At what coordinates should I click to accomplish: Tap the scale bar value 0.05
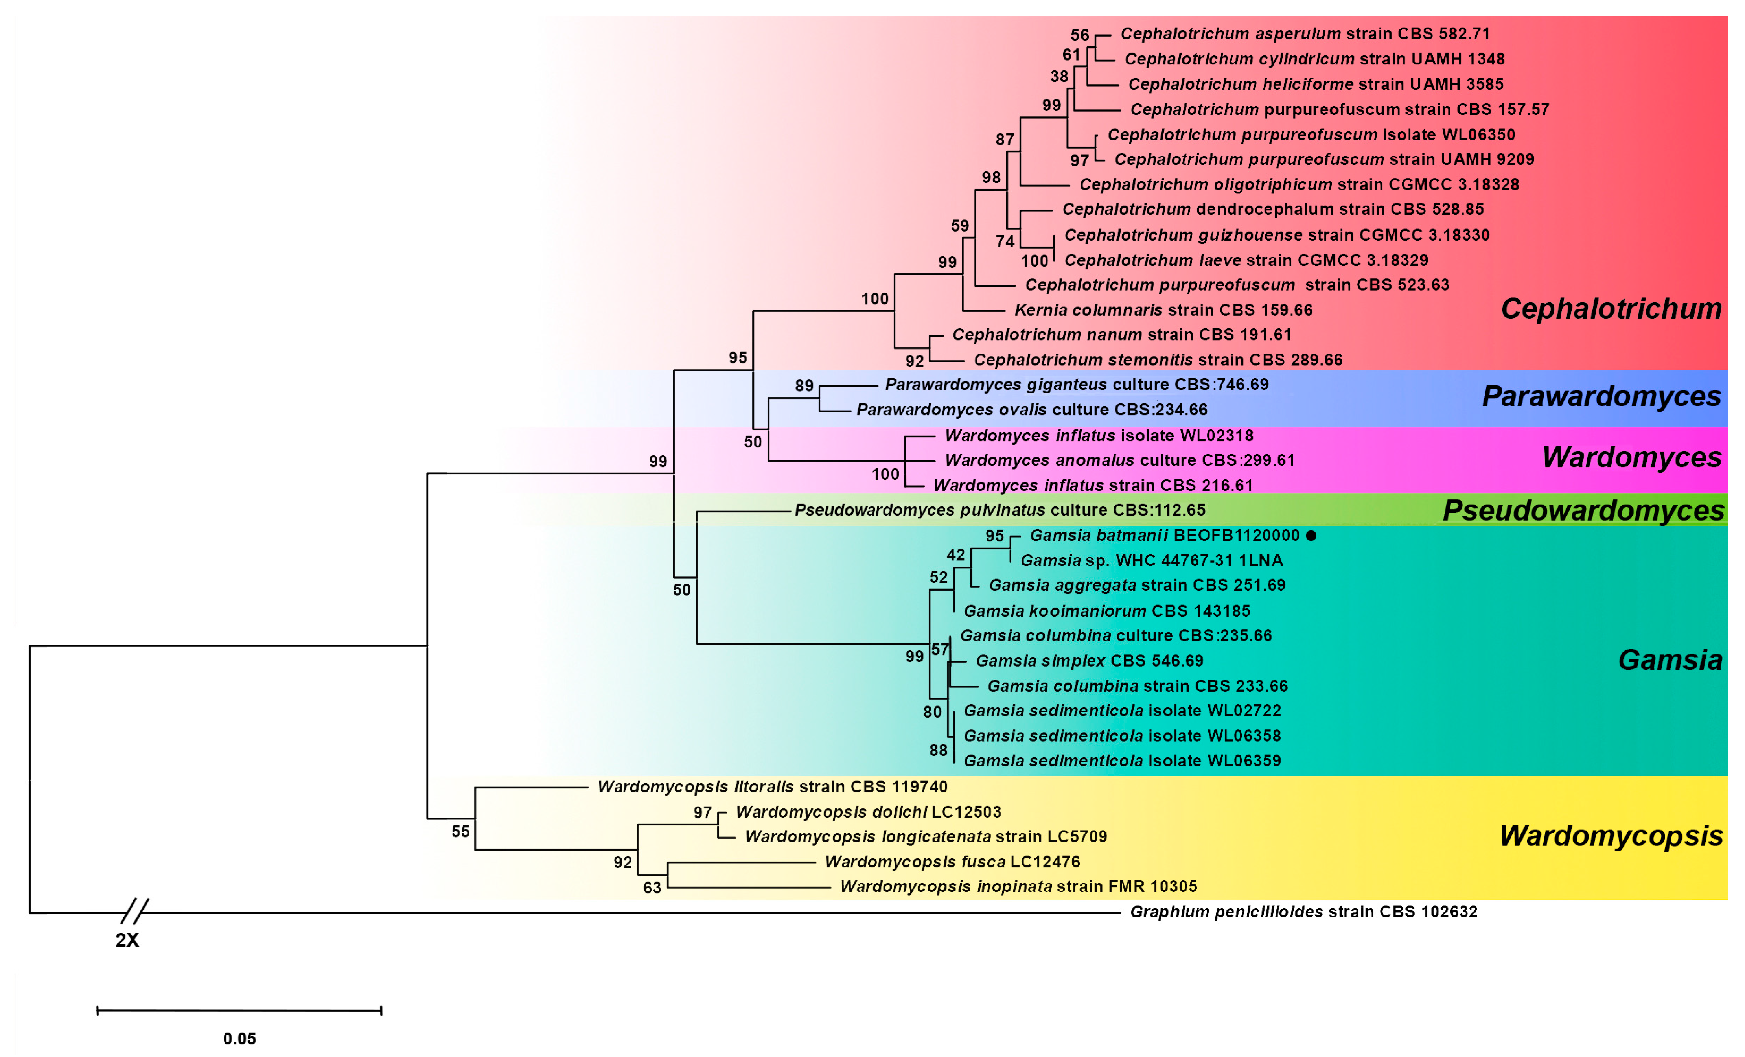pos(239,1039)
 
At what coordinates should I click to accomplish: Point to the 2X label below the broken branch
pos(127,940)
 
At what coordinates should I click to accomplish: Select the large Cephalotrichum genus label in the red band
pos(1611,309)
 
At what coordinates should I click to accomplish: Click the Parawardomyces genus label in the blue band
pos(1601,396)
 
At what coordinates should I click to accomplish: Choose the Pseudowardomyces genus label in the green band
pos(1583,510)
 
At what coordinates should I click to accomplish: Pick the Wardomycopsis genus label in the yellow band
pos(1611,836)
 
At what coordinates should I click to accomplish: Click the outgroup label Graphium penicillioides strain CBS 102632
pos(1303,912)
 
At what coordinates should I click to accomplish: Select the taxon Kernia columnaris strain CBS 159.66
pos(1163,310)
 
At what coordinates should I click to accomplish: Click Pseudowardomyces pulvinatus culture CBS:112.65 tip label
pos(999,510)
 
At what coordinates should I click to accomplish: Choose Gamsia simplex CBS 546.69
pos(1089,661)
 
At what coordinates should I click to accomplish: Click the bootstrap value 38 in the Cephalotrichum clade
pos(1059,77)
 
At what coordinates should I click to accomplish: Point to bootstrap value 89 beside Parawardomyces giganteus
pos(804,385)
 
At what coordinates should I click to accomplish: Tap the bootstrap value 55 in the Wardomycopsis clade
pos(460,832)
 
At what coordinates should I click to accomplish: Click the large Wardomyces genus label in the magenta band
pos(1631,458)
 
